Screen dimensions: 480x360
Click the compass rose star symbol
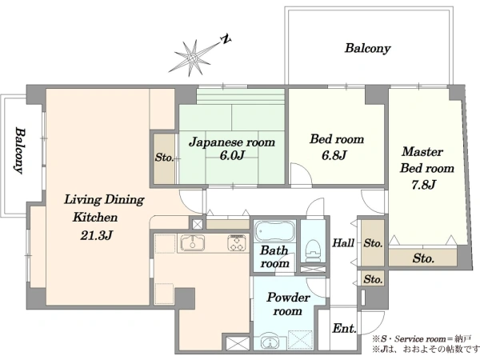click(x=193, y=58)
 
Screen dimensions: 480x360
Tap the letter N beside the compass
click(x=226, y=39)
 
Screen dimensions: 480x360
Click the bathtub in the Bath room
click(x=274, y=231)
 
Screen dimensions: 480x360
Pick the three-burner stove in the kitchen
click(x=237, y=243)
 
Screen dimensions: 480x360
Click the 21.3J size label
click(x=97, y=235)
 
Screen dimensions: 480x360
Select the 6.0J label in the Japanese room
click(x=232, y=155)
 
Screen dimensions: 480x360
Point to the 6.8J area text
click(x=334, y=155)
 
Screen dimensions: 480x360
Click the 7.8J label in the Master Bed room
click(x=423, y=185)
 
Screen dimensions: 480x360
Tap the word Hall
click(x=343, y=243)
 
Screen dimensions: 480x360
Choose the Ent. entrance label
click(x=344, y=328)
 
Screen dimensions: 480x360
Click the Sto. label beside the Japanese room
click(x=164, y=158)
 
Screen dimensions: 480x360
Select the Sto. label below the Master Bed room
click(x=423, y=258)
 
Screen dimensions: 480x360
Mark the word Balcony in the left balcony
click(x=20, y=150)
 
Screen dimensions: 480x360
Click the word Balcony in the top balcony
click(x=368, y=48)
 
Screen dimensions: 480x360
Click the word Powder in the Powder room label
click(x=288, y=298)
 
